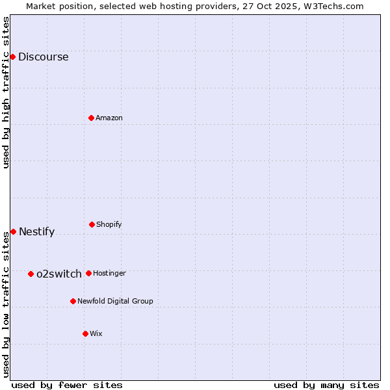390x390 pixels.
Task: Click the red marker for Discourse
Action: click(x=12, y=57)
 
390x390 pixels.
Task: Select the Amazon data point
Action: click(x=91, y=118)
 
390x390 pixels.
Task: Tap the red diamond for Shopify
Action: click(x=92, y=224)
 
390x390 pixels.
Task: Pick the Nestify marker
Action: click(x=13, y=231)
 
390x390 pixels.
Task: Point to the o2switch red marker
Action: click(x=31, y=274)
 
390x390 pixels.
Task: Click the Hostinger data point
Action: click(x=88, y=273)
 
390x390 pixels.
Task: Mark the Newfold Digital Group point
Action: click(x=73, y=301)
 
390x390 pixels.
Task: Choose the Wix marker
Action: click(x=85, y=333)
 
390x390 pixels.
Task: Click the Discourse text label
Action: click(x=43, y=57)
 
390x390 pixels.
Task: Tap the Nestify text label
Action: click(x=36, y=232)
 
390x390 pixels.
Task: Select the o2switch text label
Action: click(x=59, y=274)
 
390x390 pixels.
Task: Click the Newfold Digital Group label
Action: click(x=115, y=301)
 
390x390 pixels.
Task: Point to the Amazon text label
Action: click(x=109, y=118)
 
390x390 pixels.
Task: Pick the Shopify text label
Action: click(x=109, y=224)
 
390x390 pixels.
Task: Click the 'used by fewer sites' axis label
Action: click(x=67, y=385)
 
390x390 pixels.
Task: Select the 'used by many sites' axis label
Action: click(x=326, y=385)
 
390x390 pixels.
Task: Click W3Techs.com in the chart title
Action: click(x=331, y=6)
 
